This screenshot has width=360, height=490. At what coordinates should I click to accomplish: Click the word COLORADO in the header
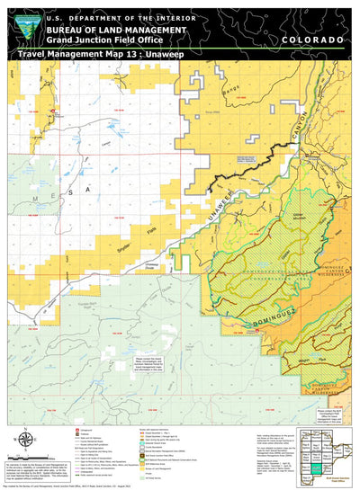(311, 41)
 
